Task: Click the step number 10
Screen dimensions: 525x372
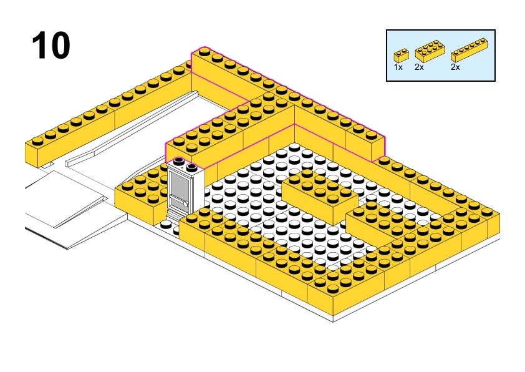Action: pos(51,45)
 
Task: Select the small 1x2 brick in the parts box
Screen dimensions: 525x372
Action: pos(401,56)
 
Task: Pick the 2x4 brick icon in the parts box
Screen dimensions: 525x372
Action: pos(430,51)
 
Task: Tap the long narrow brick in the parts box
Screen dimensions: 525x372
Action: pos(469,50)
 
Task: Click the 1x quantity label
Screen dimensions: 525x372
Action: pos(398,67)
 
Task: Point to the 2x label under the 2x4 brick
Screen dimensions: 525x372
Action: pos(419,67)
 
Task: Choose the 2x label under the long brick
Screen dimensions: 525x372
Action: pos(455,67)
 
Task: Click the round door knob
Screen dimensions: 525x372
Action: pos(185,203)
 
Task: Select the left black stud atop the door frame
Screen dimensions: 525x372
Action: pos(179,161)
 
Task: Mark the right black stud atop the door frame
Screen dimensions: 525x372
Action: pos(192,167)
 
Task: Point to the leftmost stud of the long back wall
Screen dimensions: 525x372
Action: pos(37,141)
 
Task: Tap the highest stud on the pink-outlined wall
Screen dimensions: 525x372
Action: pos(205,52)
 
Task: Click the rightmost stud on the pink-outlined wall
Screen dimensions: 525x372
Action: pos(371,135)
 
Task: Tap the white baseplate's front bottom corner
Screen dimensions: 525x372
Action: pos(333,321)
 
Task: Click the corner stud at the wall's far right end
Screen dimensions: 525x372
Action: pos(487,212)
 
